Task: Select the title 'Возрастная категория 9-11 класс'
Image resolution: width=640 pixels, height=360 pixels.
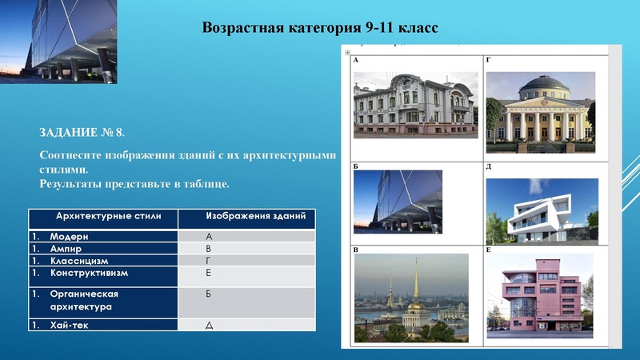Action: [320, 28]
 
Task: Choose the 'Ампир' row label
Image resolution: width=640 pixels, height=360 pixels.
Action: [66, 249]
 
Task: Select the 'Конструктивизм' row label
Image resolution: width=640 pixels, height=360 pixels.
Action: [89, 273]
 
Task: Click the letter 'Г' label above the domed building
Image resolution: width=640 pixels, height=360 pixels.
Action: [489, 61]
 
